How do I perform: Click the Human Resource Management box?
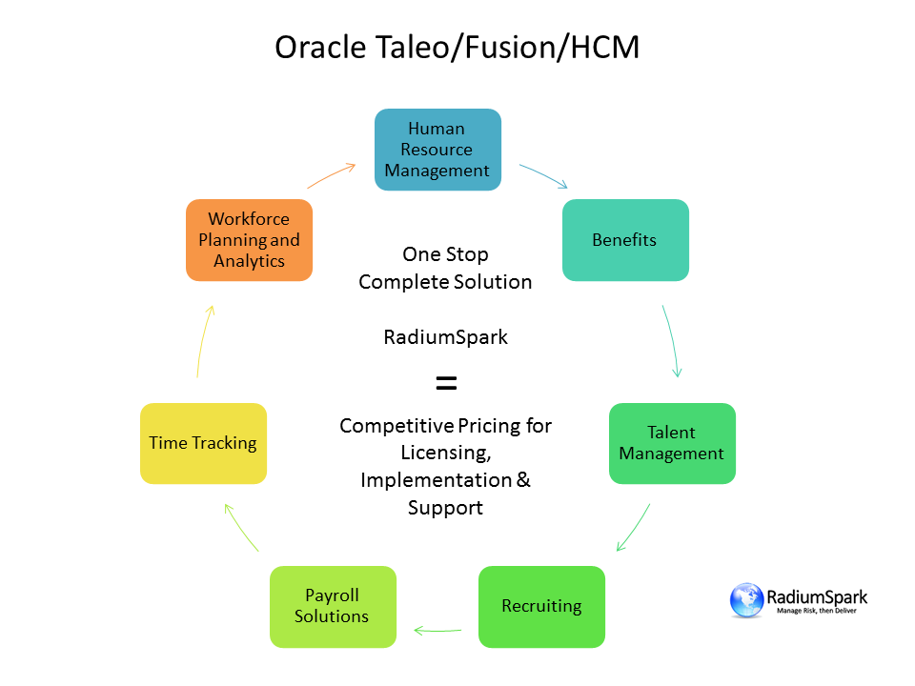pyautogui.click(x=437, y=150)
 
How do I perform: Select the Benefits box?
pyautogui.click(x=624, y=240)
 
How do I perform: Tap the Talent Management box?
pyautogui.click(x=672, y=443)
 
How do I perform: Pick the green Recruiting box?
pyautogui.click(x=541, y=606)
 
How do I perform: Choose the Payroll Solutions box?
pyautogui.click(x=332, y=606)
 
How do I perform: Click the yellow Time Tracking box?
pyautogui.click(x=203, y=443)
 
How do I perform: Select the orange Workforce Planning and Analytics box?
pyautogui.click(x=249, y=240)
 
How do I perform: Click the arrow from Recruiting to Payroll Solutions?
pyautogui.click(x=437, y=630)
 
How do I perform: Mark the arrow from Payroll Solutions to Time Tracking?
pyautogui.click(x=241, y=528)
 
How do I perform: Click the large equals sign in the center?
pyautogui.click(x=446, y=383)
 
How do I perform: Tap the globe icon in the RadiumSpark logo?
pyautogui.click(x=746, y=600)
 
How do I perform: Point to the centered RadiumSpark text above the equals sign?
pyautogui.click(x=445, y=336)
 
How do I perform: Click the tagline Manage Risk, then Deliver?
pyautogui.click(x=817, y=611)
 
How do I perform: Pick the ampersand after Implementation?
pyautogui.click(x=523, y=480)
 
